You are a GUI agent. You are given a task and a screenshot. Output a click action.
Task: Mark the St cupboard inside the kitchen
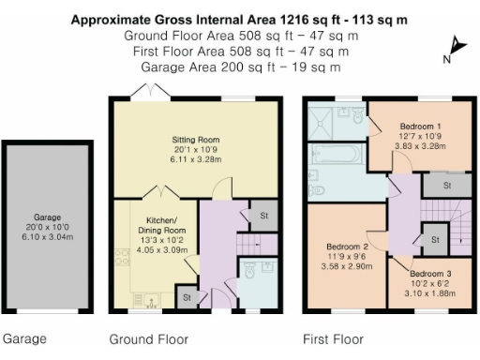[x=187, y=298]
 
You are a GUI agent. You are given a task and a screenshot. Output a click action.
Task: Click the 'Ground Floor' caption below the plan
[x=148, y=338]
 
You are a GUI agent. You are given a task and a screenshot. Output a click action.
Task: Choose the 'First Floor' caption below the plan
[x=334, y=338]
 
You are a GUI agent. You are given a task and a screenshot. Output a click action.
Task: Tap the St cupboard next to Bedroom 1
[x=447, y=186]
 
